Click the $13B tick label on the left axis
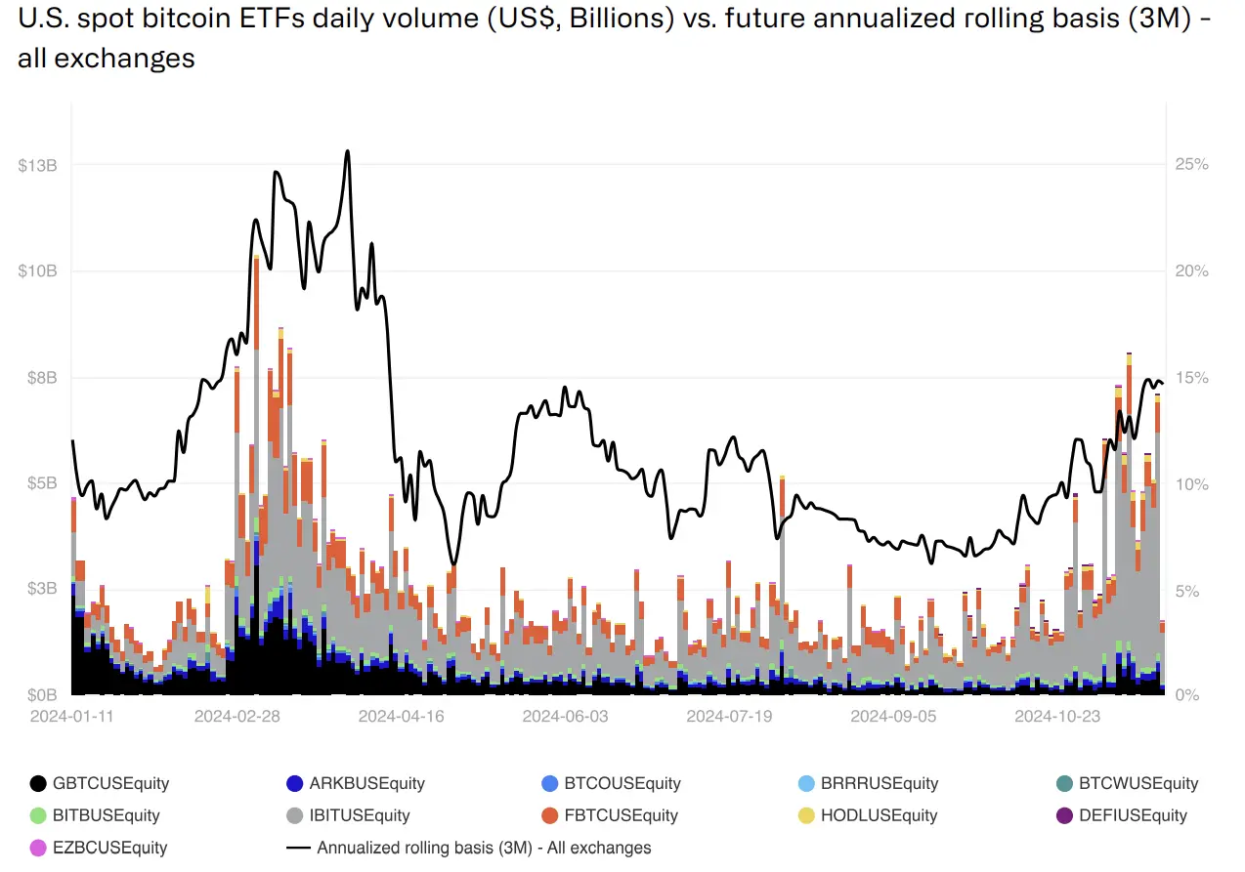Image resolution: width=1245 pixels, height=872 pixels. [x=37, y=165]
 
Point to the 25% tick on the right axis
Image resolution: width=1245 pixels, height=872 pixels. [x=1192, y=164]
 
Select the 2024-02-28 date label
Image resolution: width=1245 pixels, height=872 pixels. [x=236, y=717]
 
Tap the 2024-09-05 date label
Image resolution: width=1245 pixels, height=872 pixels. [x=893, y=717]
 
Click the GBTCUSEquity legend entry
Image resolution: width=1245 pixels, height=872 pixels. [x=100, y=783]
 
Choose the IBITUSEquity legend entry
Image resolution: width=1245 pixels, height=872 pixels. [x=348, y=815]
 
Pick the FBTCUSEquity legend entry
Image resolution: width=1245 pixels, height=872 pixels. [x=610, y=815]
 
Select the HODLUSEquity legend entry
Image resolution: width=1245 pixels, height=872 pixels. [x=868, y=815]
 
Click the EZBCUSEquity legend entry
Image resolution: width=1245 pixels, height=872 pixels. [x=99, y=848]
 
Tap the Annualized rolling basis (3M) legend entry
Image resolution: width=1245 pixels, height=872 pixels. [x=468, y=848]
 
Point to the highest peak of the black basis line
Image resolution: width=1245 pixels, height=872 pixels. [x=348, y=150]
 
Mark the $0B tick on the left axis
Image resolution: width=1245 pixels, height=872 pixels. [x=42, y=695]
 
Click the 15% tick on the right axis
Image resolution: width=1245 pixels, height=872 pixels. [x=1192, y=378]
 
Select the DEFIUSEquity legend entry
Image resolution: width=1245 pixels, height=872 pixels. [x=1122, y=815]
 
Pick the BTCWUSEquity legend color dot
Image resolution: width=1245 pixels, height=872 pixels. [x=1064, y=783]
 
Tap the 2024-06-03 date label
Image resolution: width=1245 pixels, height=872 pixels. [x=565, y=717]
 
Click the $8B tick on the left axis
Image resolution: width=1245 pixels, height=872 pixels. [x=42, y=378]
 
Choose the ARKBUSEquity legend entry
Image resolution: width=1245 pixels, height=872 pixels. [x=355, y=783]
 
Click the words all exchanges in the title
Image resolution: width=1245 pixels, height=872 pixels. [x=107, y=59]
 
